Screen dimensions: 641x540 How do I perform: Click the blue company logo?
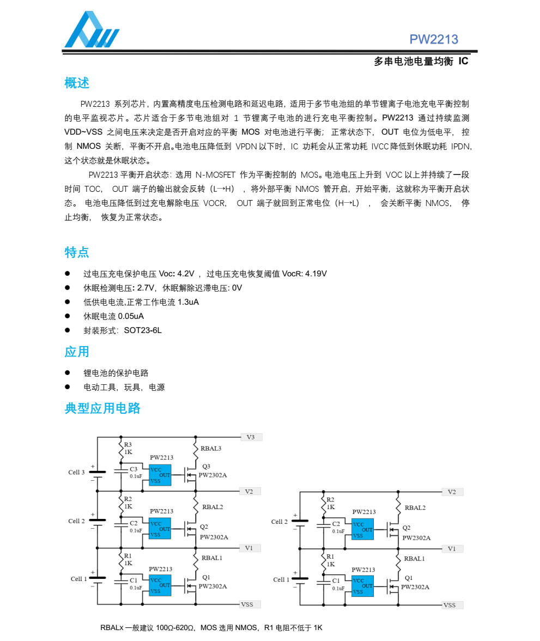tap(92, 31)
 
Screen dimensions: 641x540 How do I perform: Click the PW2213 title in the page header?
tap(434, 39)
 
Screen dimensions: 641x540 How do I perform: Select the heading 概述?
tap(77, 83)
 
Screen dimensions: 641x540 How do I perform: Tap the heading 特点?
tap(77, 252)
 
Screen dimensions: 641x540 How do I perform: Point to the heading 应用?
tap(77, 352)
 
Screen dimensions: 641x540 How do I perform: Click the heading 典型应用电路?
tap(102, 408)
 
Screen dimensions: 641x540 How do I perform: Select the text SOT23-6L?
tap(143, 330)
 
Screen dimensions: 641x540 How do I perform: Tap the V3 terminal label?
tap(251, 437)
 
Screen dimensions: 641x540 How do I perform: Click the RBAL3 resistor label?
tap(211, 449)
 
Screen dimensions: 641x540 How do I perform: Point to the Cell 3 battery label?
tap(76, 473)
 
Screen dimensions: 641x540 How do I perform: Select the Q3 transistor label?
tap(206, 467)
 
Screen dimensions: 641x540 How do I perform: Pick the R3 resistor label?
tap(128, 444)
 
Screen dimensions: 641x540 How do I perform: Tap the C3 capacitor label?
tap(134, 469)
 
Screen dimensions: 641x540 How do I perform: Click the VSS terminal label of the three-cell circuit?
tap(247, 604)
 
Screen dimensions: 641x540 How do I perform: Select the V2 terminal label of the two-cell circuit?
tap(452, 492)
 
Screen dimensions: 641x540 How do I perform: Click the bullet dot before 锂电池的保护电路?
tap(68, 373)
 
